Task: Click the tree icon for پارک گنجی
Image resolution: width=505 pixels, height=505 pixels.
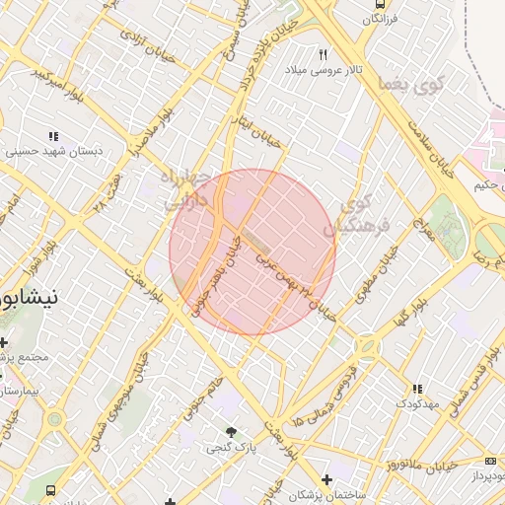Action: (232, 432)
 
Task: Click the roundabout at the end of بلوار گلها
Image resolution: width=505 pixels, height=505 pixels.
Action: (367, 347)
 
